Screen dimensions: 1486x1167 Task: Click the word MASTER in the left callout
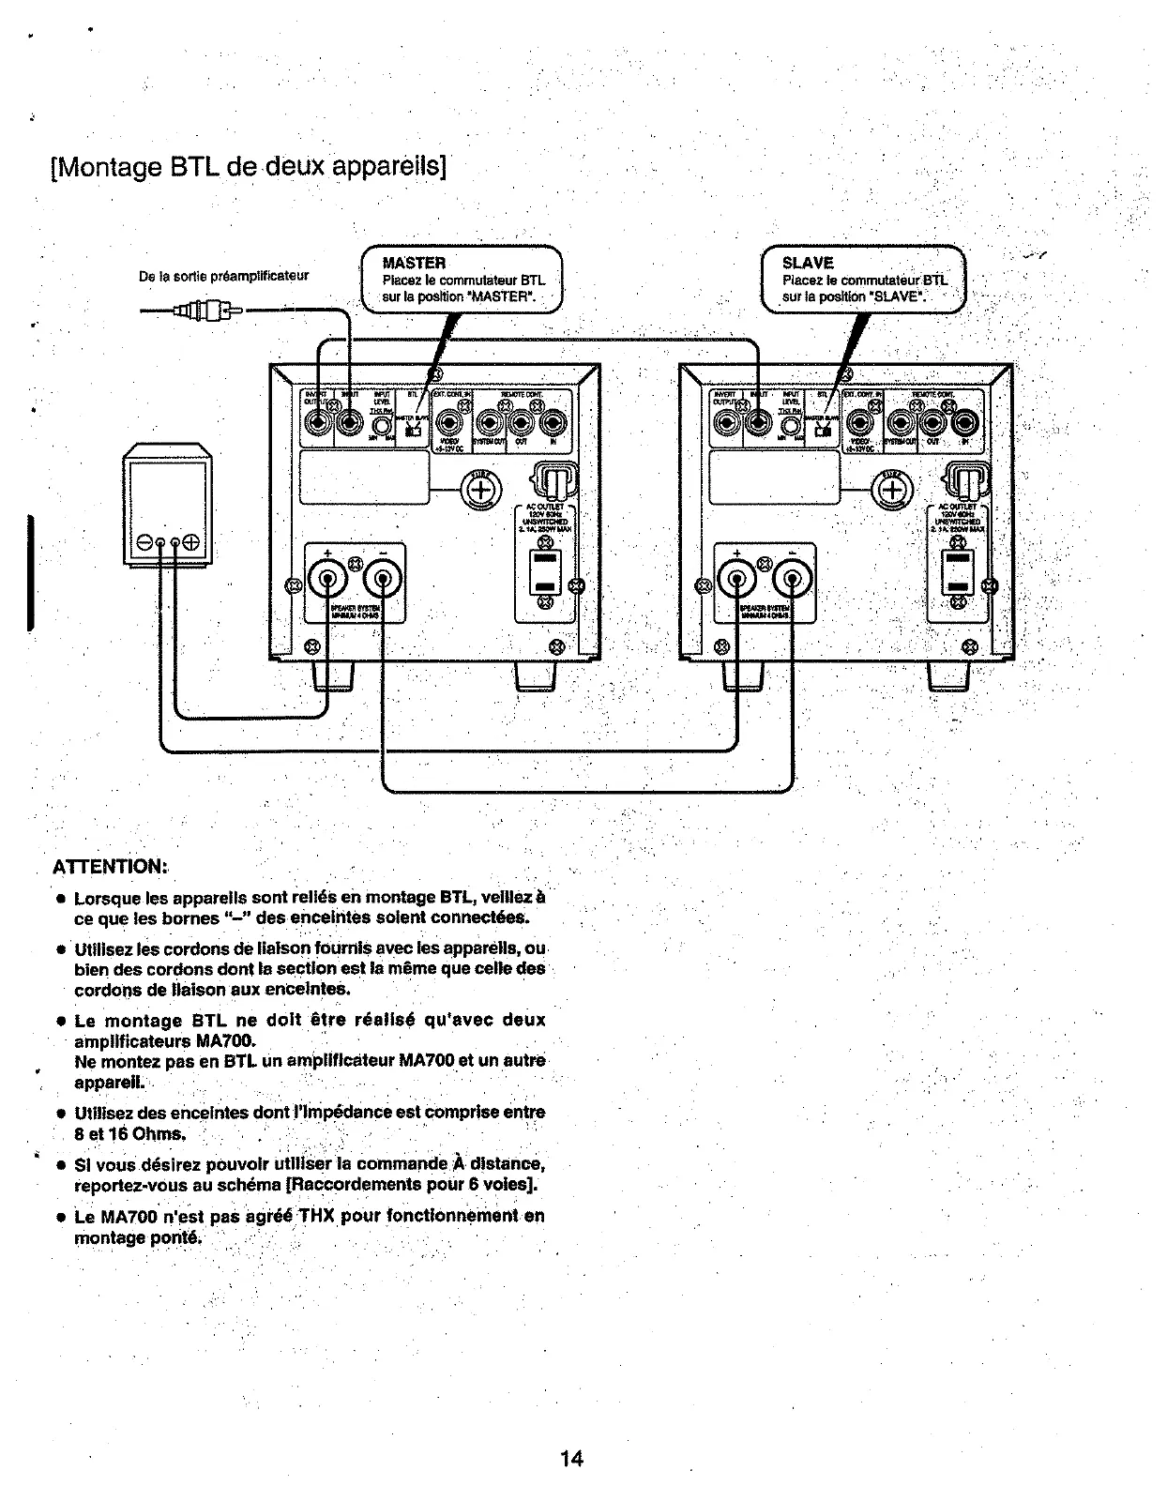click(414, 262)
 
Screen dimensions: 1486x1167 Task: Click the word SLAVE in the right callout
click(808, 263)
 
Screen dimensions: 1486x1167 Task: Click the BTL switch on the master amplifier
click(413, 430)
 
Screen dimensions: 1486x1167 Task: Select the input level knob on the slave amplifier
click(795, 424)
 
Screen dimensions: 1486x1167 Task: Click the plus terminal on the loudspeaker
click(191, 542)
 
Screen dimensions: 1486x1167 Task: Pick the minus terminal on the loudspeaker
click(146, 542)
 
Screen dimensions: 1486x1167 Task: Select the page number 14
click(571, 1458)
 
